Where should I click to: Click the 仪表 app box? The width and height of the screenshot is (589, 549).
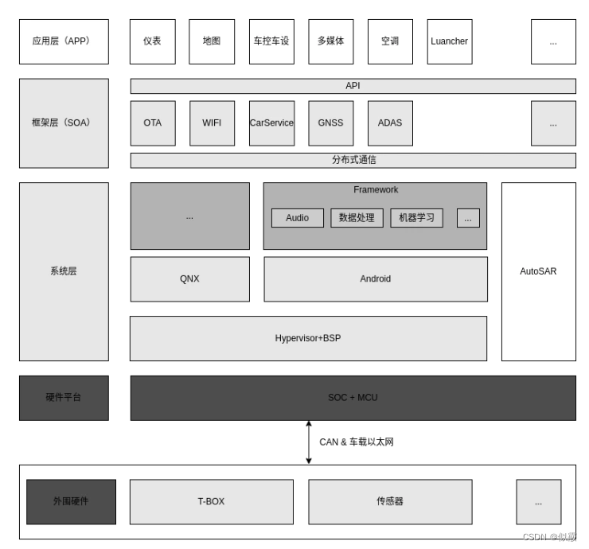pyautogui.click(x=152, y=41)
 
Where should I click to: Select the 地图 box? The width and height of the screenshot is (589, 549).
pyautogui.click(x=212, y=41)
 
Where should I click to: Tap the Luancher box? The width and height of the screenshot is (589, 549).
pyautogui.click(x=449, y=41)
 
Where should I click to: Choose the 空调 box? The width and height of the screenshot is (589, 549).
pyautogui.click(x=390, y=41)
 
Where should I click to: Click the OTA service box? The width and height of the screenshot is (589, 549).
pyautogui.click(x=153, y=123)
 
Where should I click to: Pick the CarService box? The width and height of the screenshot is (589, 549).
pyautogui.click(x=271, y=123)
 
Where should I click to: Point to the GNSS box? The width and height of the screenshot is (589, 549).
pyautogui.click(x=330, y=123)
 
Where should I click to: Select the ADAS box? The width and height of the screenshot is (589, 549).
pyautogui.click(x=390, y=123)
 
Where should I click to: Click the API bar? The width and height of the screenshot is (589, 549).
pyautogui.click(x=353, y=86)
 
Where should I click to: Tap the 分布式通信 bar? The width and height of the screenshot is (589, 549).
pyautogui.click(x=353, y=160)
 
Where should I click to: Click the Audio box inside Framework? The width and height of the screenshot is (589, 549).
pyautogui.click(x=297, y=218)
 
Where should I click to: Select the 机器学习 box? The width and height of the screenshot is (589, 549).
pyautogui.click(x=416, y=218)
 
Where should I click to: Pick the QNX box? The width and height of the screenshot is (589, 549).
pyautogui.click(x=189, y=279)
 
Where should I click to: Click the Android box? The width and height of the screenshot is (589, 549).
pyautogui.click(x=376, y=279)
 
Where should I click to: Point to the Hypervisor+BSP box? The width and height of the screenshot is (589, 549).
pyautogui.click(x=308, y=338)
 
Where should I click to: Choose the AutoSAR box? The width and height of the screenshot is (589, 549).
pyautogui.click(x=538, y=271)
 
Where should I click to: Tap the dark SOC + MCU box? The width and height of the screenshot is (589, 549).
pyautogui.click(x=353, y=398)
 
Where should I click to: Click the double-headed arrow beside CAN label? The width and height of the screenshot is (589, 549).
pyautogui.click(x=309, y=442)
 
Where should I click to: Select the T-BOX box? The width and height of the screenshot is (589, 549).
pyautogui.click(x=211, y=501)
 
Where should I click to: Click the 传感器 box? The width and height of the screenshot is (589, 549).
pyautogui.click(x=390, y=501)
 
